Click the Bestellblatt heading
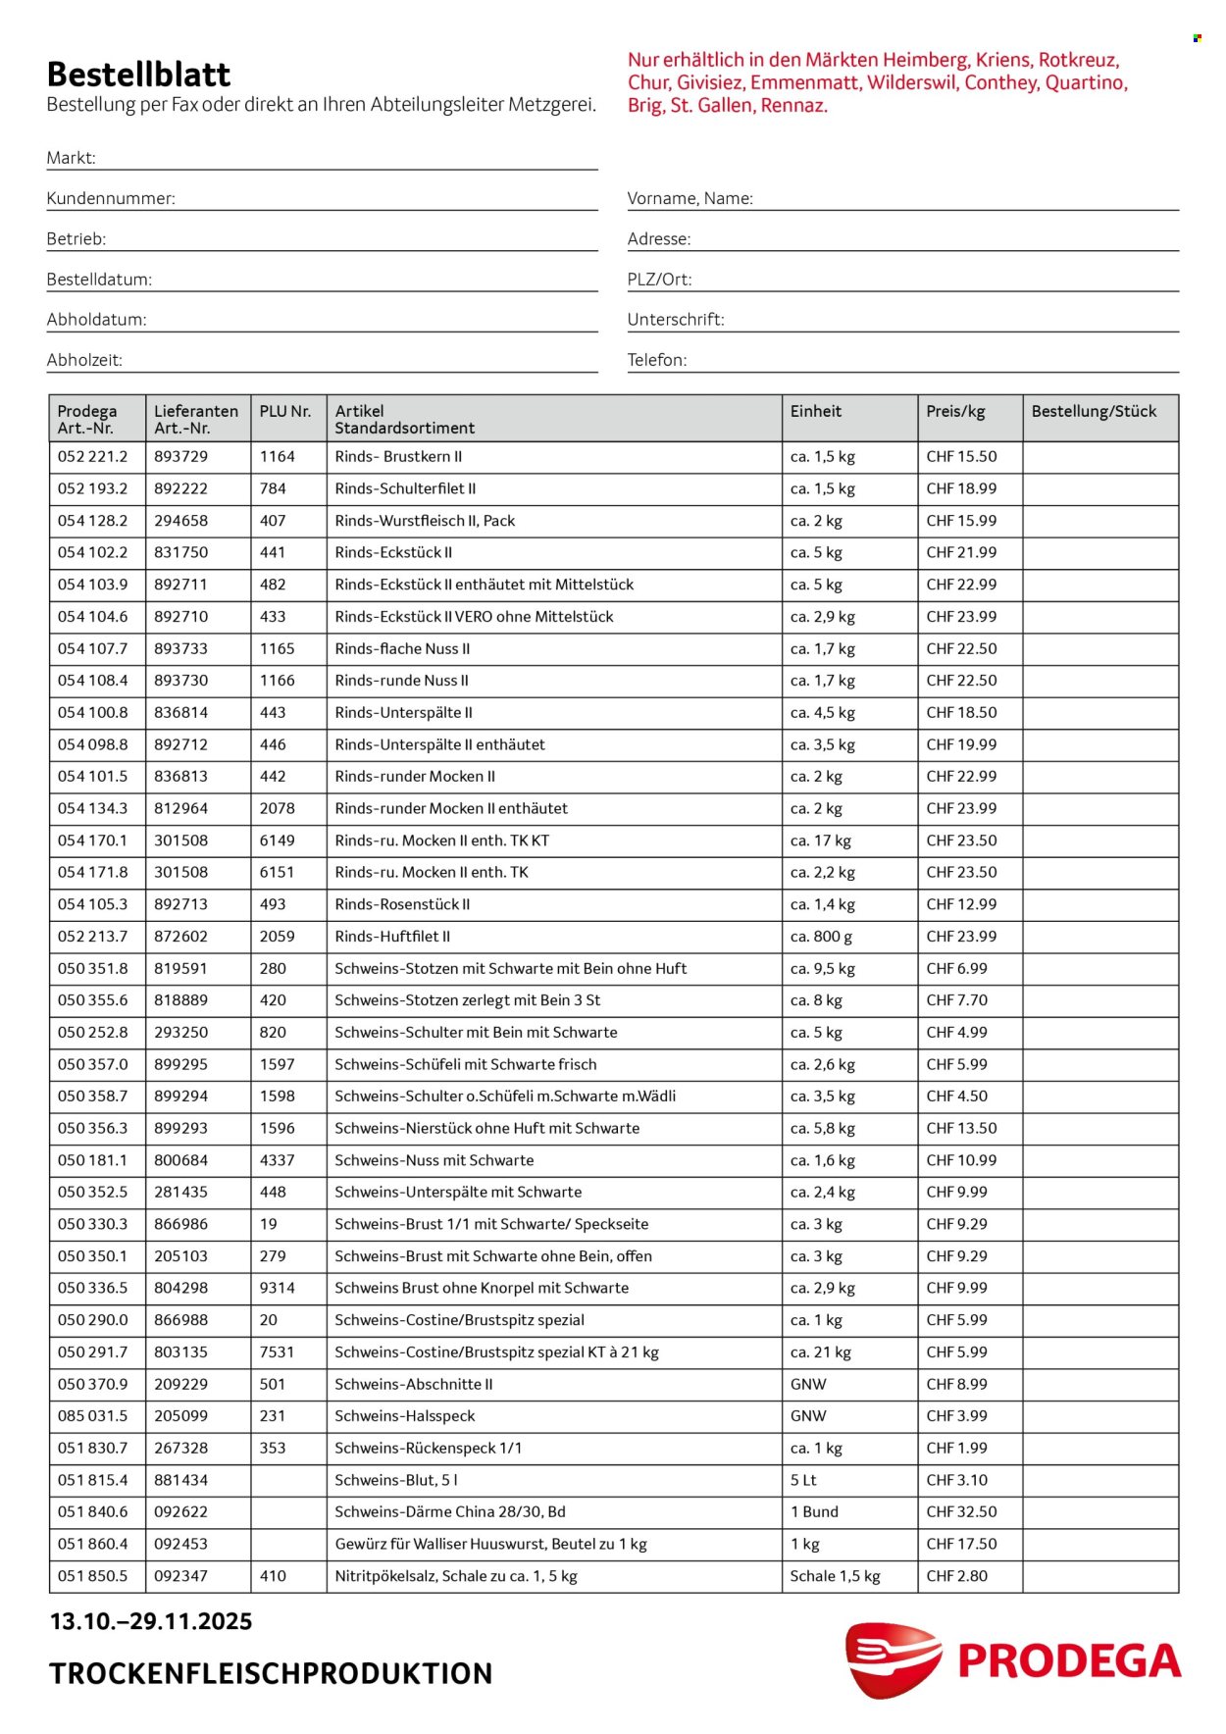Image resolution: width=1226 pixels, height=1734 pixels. [138, 75]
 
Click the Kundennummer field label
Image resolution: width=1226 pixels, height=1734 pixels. [111, 198]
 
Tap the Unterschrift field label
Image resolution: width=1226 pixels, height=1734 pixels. [676, 320]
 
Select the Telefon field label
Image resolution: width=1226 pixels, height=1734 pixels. [657, 360]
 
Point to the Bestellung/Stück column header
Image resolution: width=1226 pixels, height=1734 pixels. [1094, 412]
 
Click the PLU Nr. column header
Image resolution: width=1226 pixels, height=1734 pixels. [284, 412]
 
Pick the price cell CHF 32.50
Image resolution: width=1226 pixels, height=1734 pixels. [961, 1511]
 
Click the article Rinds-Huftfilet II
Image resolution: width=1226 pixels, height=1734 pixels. [392, 937]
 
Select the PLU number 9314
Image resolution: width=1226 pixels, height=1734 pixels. [277, 1288]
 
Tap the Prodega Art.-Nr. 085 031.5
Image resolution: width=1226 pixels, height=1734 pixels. [92, 1416]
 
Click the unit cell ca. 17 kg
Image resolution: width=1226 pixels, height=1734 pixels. [820, 841]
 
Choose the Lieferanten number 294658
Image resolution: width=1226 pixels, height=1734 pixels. [180, 521]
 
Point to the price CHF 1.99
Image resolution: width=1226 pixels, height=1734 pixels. [956, 1448]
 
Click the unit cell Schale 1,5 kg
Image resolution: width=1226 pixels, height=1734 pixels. [835, 1576]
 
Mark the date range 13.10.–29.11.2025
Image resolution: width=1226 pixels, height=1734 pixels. [151, 1621]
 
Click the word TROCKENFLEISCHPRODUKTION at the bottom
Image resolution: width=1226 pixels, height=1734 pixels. [271, 1673]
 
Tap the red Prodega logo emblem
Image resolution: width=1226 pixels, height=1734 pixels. [892, 1658]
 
